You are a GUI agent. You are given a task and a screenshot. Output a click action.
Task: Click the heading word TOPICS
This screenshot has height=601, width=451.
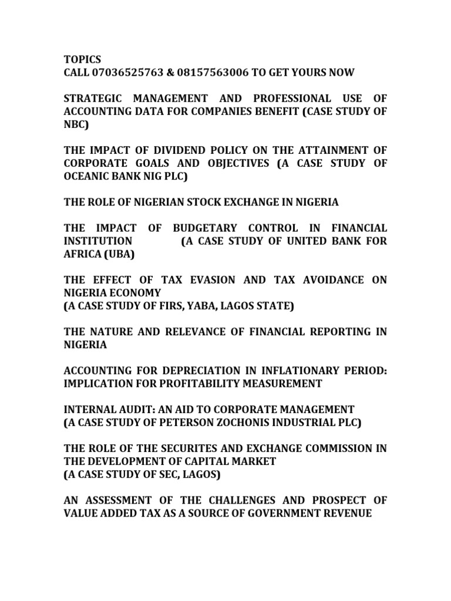pyautogui.click(x=82, y=59)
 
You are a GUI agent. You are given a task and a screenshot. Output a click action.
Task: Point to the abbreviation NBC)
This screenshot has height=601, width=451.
pyautogui.click(x=75, y=124)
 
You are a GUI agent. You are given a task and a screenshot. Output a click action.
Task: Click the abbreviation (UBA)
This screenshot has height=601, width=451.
pyautogui.click(x=119, y=254)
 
